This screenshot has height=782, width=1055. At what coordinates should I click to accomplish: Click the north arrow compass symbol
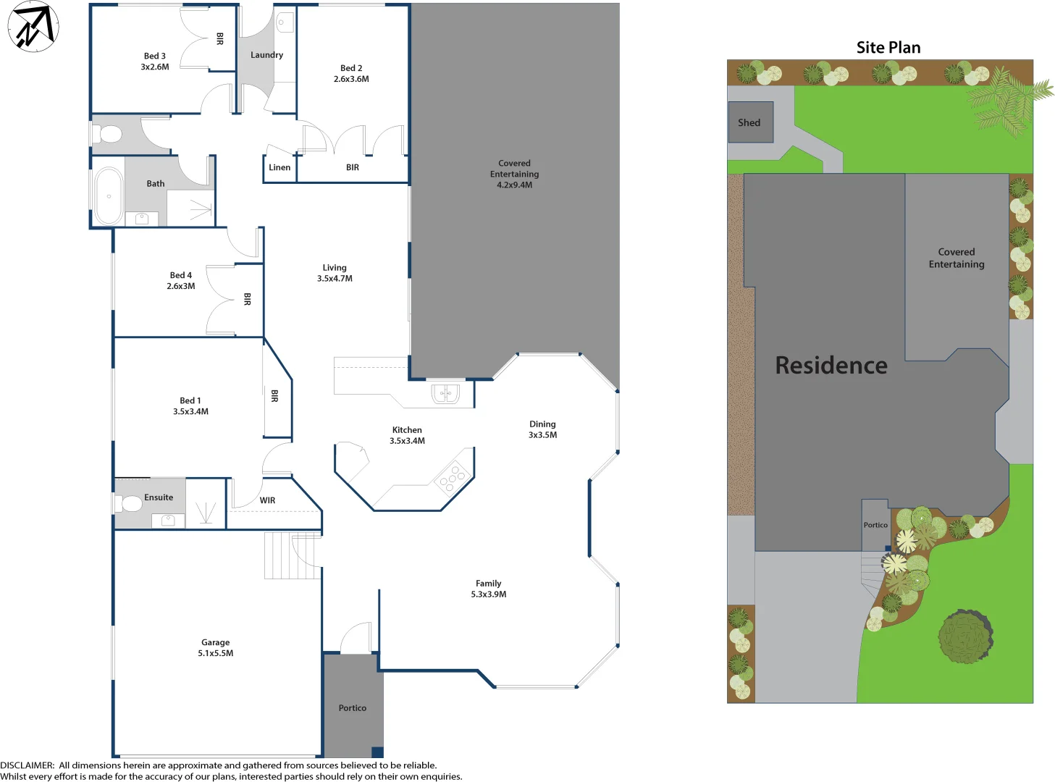pyautogui.click(x=33, y=27)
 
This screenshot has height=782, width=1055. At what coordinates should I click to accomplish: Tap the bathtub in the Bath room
pyautogui.click(x=109, y=196)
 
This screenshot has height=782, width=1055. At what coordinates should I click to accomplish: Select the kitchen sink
pyautogui.click(x=445, y=394)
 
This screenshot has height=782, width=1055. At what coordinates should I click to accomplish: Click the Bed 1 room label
pyautogui.click(x=190, y=405)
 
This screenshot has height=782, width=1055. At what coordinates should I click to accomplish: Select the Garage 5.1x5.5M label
pyautogui.click(x=216, y=647)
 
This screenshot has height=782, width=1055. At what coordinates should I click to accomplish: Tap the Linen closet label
pyautogui.click(x=279, y=167)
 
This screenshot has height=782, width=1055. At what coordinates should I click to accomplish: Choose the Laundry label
pyautogui.click(x=266, y=55)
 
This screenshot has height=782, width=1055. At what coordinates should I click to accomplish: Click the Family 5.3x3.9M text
pyautogui.click(x=489, y=589)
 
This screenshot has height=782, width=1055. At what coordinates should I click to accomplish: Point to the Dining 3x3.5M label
pyautogui.click(x=542, y=429)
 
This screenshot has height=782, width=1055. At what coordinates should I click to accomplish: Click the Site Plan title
pyautogui.click(x=888, y=48)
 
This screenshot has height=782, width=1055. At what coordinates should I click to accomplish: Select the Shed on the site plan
pyautogui.click(x=749, y=122)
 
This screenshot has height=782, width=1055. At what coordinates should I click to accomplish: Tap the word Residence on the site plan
pyautogui.click(x=831, y=366)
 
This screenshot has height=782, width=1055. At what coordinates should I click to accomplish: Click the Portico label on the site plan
pyautogui.click(x=875, y=525)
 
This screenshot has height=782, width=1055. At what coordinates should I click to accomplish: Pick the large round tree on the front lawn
pyautogui.click(x=965, y=636)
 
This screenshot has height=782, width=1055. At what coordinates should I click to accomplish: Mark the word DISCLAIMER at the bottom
pyautogui.click(x=27, y=765)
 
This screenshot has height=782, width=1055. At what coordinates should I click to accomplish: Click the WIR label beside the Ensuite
pyautogui.click(x=267, y=500)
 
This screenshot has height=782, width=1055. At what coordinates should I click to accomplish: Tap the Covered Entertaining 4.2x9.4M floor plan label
pyautogui.click(x=514, y=174)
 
